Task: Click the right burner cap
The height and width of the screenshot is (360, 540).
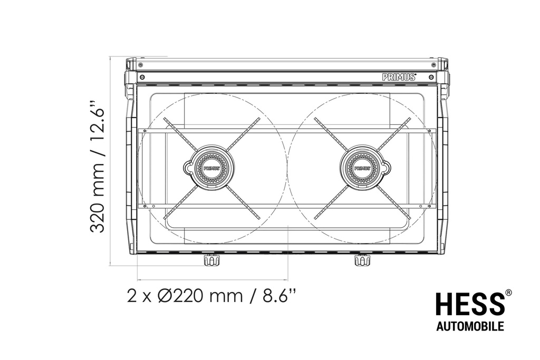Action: point(362,168)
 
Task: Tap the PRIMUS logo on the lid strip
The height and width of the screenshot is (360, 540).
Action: point(400,77)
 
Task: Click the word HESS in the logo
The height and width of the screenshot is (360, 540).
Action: point(470,304)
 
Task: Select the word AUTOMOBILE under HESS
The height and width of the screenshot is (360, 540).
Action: point(470,326)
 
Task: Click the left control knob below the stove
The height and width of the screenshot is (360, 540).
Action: point(211,260)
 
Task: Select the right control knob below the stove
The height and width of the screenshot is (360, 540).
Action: point(362,260)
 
